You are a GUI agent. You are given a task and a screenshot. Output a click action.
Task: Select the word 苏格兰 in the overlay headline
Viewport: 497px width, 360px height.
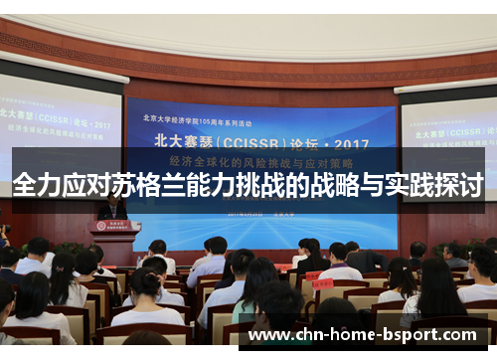[x=133, y=185]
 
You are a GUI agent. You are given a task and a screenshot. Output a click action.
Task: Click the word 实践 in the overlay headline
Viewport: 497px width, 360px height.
[x=414, y=185]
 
